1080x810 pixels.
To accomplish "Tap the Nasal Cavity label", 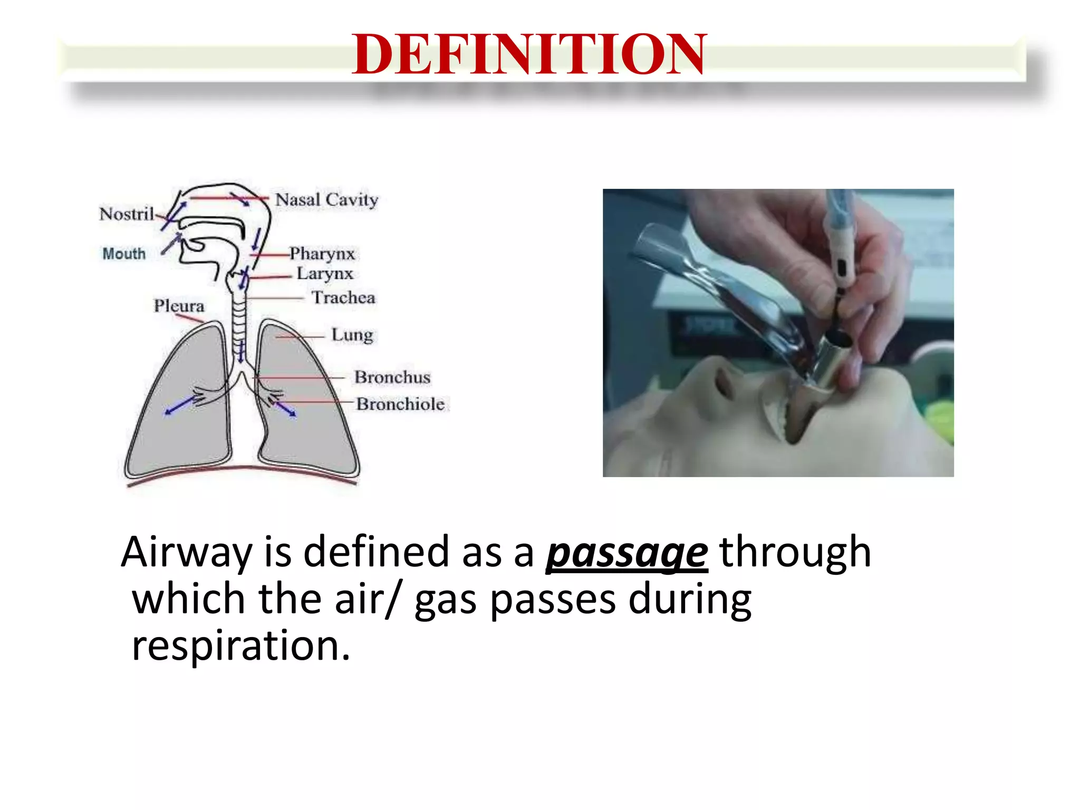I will point(326,200).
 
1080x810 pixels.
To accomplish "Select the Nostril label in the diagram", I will point(127,214).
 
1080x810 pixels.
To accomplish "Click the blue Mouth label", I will point(124,254).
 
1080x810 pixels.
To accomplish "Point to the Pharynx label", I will point(322,254).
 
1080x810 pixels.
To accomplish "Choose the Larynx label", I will point(324,273).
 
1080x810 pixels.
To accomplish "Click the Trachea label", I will point(343,297).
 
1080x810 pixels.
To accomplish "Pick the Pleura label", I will point(179,305).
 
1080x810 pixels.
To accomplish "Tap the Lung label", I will point(352,335).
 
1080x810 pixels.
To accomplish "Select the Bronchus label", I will point(392,377).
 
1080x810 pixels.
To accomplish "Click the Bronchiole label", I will point(400,404).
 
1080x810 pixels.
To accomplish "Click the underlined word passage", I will point(626,553).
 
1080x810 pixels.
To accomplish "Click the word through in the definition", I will point(795,552).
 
